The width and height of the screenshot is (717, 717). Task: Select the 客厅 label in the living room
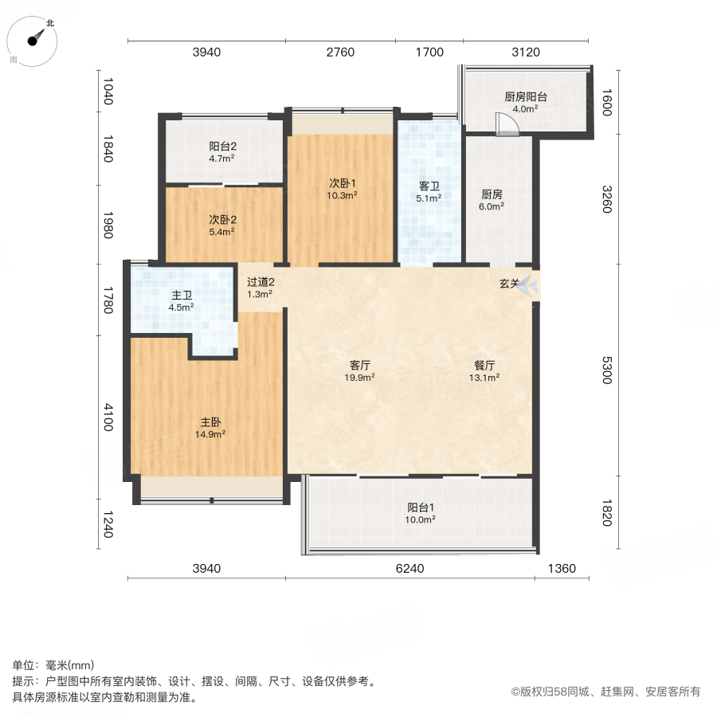coord(360,366)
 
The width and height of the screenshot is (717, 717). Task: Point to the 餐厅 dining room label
coord(484,366)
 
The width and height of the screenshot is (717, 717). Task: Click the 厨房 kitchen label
coord(492,194)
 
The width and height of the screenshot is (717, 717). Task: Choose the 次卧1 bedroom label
coord(343,181)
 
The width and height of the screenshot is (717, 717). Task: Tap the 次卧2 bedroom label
coord(221,219)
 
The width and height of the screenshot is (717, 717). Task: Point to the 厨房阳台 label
coord(525,97)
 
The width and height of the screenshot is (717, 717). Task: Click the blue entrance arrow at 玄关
coord(528,286)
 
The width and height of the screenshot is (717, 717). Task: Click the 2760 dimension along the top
coord(340,53)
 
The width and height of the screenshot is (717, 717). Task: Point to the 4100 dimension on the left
coord(108,417)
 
